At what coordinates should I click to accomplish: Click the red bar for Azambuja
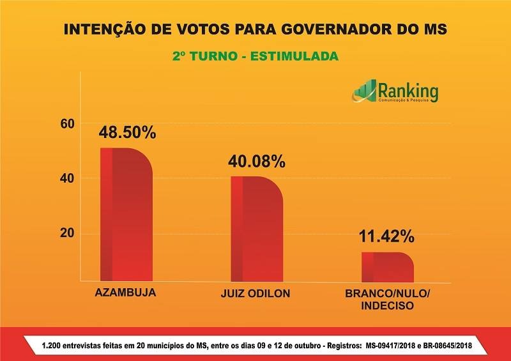(x=126, y=215)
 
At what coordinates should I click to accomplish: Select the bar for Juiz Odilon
(x=256, y=229)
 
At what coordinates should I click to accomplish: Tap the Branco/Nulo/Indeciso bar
(x=387, y=267)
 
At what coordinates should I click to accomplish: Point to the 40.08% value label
(x=257, y=162)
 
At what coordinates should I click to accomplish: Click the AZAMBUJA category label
(x=125, y=293)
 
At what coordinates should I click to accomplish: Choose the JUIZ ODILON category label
(x=254, y=294)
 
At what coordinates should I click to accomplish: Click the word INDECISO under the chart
(x=388, y=306)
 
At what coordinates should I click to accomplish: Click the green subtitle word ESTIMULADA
(x=294, y=56)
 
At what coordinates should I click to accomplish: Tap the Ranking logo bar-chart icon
(x=364, y=91)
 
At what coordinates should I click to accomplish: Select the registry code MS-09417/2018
(x=397, y=346)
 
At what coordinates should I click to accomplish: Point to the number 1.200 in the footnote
(x=53, y=346)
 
